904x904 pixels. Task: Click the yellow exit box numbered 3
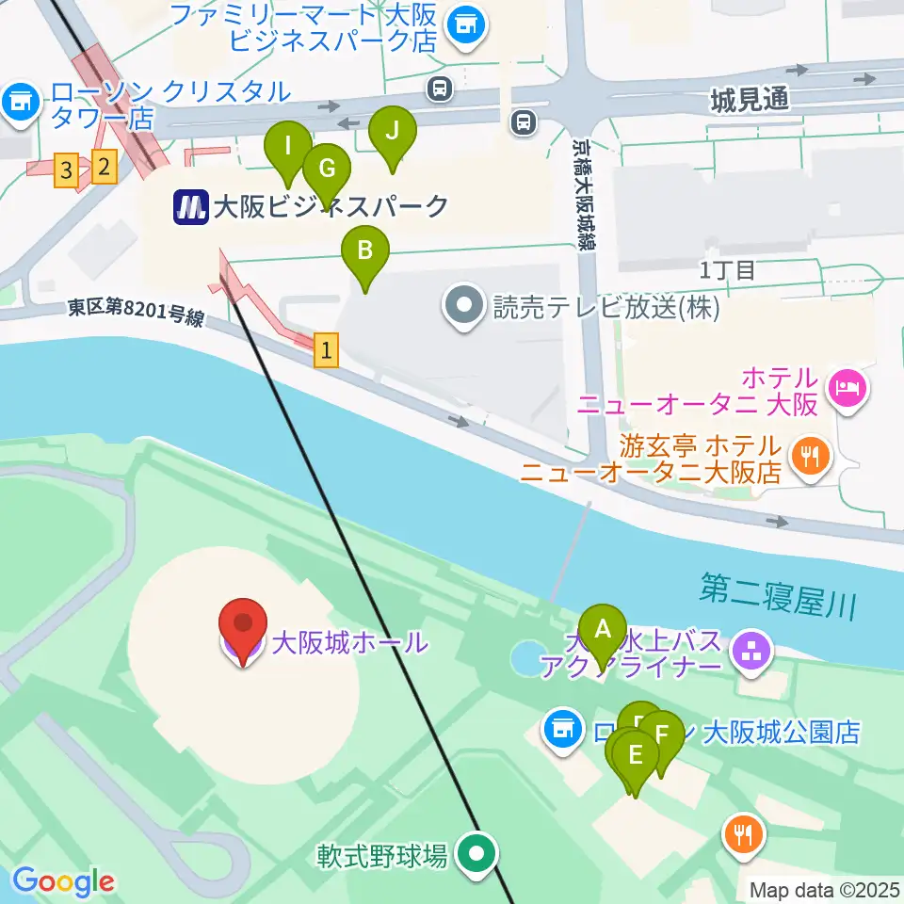click(65, 170)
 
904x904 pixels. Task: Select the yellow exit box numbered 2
click(104, 168)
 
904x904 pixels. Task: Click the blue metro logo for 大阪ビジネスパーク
click(191, 207)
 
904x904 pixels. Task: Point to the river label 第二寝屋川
click(778, 597)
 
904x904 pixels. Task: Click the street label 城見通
click(751, 98)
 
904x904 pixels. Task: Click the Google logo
click(62, 881)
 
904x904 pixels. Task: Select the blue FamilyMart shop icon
click(464, 24)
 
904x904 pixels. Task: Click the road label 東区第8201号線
click(135, 314)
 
